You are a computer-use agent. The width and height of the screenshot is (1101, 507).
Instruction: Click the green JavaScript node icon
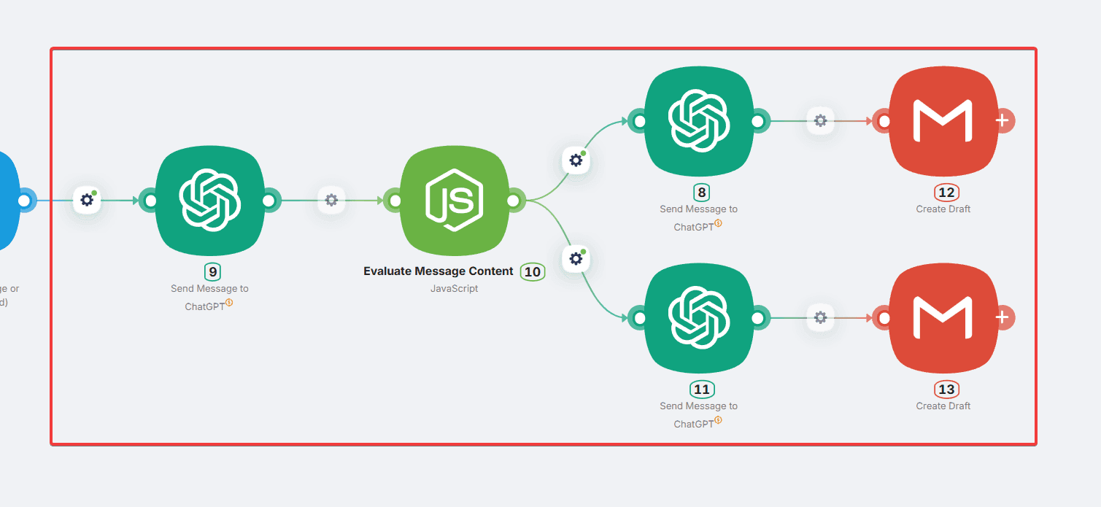454,199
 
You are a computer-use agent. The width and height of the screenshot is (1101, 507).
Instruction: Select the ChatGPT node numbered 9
209,199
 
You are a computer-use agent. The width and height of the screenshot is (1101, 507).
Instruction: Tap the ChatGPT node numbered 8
698,120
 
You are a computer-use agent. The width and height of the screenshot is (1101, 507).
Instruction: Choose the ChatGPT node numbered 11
698,317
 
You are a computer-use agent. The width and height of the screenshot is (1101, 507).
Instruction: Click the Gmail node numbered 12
943,120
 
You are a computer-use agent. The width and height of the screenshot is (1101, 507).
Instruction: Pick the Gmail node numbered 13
943,317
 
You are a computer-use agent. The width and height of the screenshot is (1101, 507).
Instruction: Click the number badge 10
533,272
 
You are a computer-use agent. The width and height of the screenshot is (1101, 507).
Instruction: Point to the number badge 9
212,272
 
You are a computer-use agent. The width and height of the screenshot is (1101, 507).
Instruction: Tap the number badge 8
702,193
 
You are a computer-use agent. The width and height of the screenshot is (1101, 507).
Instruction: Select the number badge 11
702,390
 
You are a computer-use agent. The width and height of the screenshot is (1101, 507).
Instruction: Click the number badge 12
946,193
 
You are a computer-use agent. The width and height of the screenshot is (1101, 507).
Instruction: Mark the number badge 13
946,390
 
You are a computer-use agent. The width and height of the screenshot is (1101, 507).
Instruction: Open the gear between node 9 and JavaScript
331,200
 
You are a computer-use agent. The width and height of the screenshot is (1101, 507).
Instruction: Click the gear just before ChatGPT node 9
88,200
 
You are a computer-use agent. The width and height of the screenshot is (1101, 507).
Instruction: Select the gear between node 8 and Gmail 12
820,120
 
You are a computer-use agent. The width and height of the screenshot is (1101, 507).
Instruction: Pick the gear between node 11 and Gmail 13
820,317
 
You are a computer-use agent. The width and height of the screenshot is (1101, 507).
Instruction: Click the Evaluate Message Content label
439,271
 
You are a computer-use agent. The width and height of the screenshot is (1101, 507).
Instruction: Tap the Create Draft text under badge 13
943,406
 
